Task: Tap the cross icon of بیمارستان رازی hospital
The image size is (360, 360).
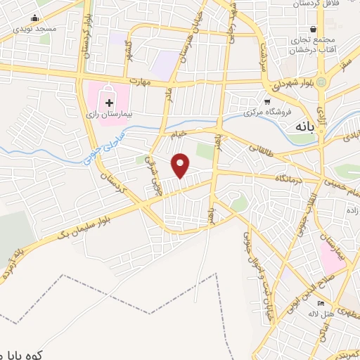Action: [109, 103]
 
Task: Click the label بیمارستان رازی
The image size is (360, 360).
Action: [108, 114]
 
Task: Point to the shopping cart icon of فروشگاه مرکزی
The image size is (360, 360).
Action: [266, 101]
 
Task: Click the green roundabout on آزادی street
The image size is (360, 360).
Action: [321, 83]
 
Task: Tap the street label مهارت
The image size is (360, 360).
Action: [146, 81]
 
